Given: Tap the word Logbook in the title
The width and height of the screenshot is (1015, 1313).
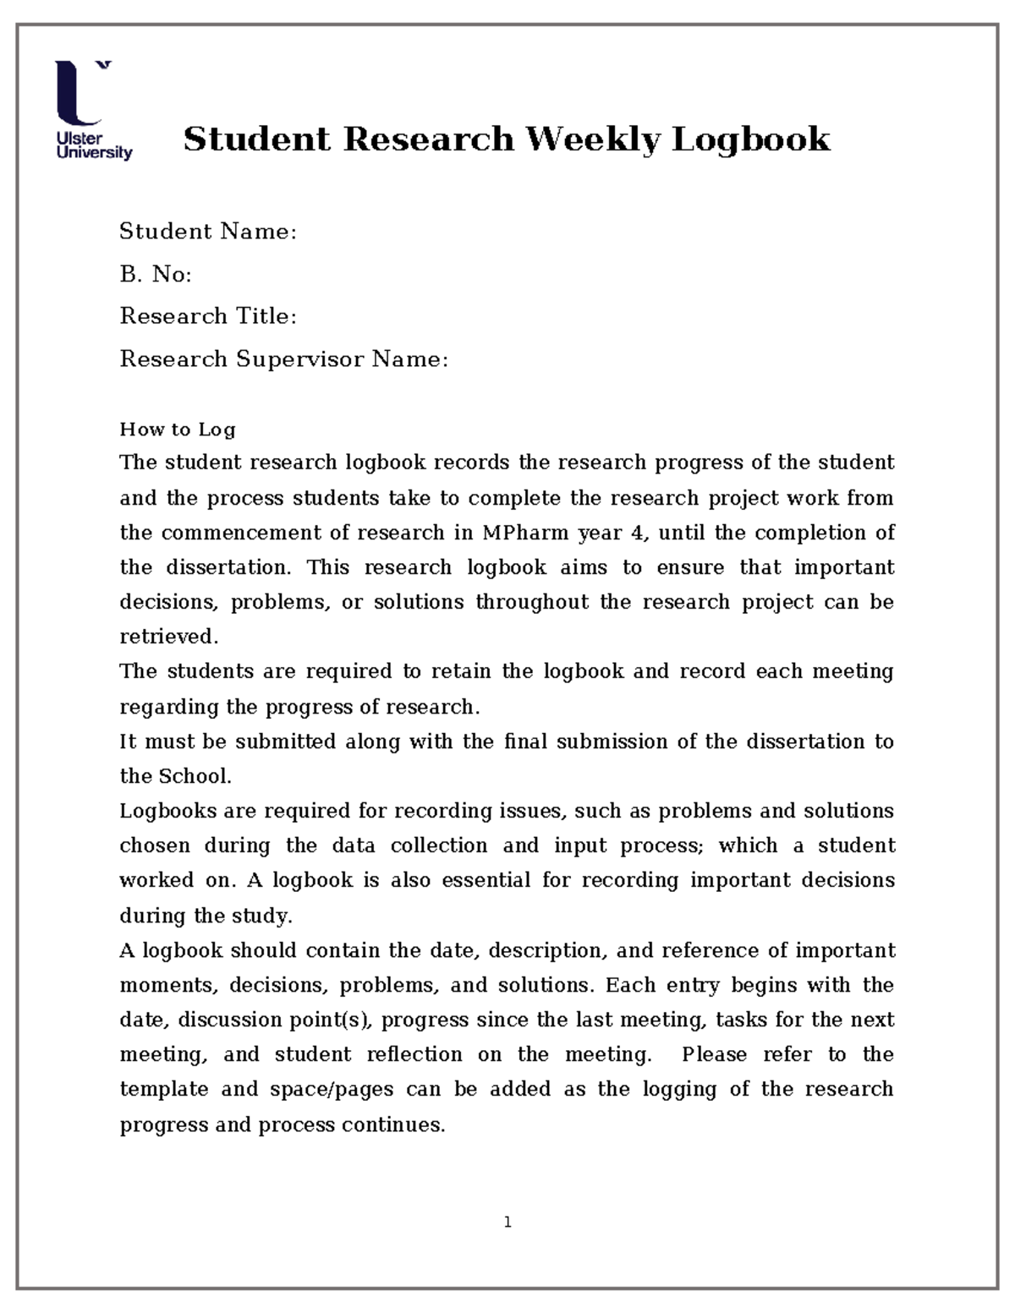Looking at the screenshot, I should pos(751,140).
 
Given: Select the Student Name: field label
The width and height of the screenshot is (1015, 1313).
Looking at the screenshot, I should pos(208,232).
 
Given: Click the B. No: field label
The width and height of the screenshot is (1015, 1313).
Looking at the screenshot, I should pos(156,274).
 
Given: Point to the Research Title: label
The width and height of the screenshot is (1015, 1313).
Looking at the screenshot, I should pos(208,316).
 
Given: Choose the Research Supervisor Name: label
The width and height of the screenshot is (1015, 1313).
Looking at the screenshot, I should pos(283,359).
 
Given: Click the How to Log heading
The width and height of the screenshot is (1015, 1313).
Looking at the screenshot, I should pos(178,429).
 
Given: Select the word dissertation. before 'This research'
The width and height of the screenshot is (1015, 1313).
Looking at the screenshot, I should pos(228,567).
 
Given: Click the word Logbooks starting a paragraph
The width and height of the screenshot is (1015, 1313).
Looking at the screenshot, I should pos(167,811).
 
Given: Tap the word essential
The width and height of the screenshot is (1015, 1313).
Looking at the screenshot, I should pos(486,880).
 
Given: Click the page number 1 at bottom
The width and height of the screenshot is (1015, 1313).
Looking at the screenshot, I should pos(507,1222).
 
